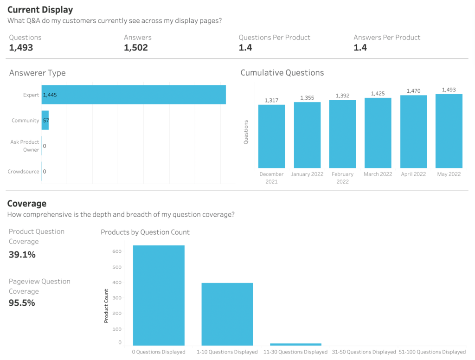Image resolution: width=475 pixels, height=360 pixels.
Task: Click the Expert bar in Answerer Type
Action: point(134,95)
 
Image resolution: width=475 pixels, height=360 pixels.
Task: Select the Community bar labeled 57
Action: point(45,120)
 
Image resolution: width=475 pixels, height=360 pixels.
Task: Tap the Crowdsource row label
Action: point(23,171)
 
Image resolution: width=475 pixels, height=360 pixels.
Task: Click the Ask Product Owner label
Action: point(25,146)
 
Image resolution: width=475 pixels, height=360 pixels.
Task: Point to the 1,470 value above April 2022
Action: point(413,91)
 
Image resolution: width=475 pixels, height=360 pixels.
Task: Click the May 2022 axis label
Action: point(449,174)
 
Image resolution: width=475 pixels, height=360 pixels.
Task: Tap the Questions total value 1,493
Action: point(21,47)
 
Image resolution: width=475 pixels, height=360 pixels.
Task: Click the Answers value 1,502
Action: point(135,47)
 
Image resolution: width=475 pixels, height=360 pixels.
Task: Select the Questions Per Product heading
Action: point(274,37)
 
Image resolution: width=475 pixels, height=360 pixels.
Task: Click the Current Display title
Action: point(40,9)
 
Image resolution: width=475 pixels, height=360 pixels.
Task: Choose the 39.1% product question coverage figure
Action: point(22,254)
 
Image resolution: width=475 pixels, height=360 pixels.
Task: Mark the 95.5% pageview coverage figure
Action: point(22,303)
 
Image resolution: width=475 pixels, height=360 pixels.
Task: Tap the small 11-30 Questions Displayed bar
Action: point(295,344)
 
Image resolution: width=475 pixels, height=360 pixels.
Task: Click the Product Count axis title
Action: point(106,306)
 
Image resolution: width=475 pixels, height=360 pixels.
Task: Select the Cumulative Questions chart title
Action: point(282,72)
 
